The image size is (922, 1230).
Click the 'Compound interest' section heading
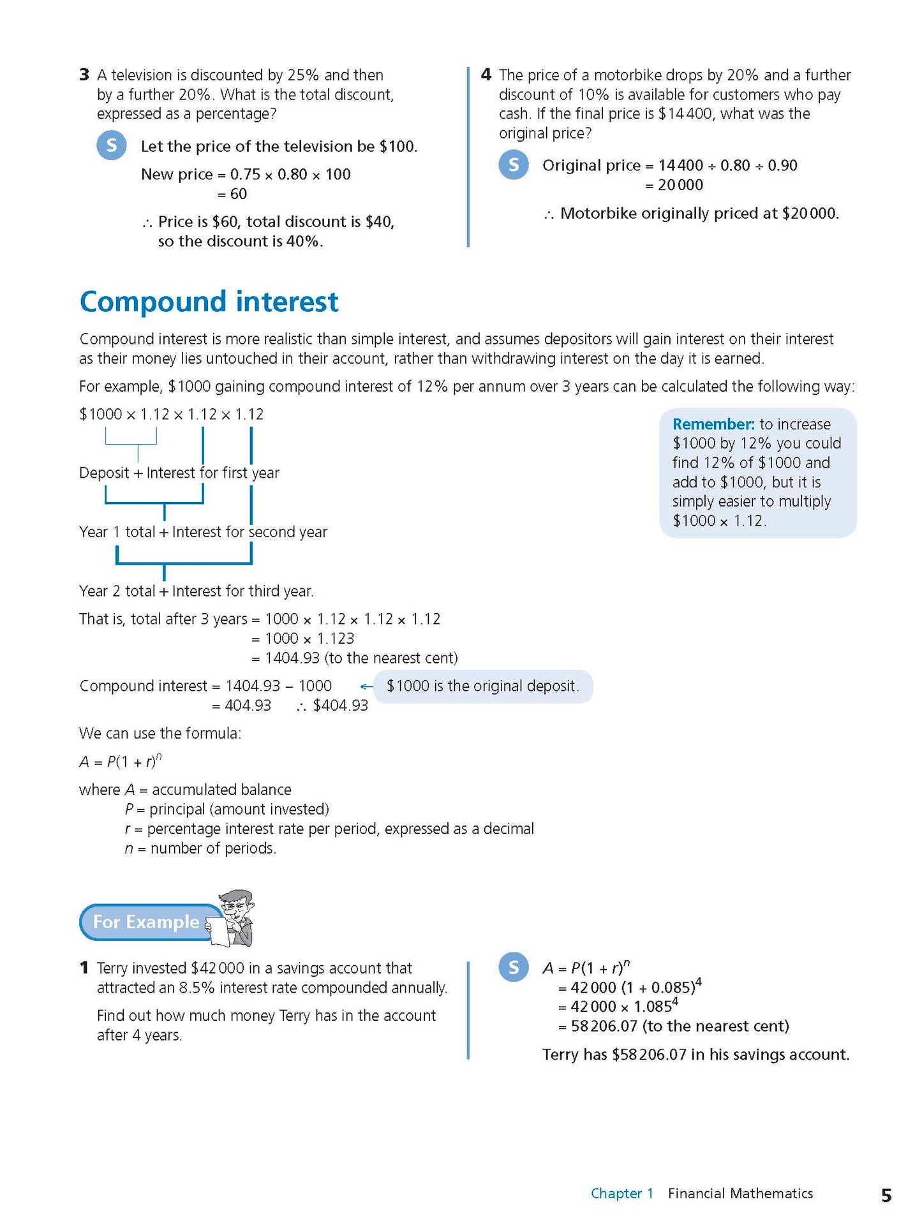(x=209, y=302)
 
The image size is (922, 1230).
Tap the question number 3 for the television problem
(x=84, y=75)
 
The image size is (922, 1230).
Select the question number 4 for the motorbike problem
(x=486, y=75)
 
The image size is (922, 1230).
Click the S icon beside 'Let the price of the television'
(x=112, y=145)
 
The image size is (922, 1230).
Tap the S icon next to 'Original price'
(x=514, y=165)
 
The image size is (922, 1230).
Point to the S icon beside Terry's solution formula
(x=514, y=967)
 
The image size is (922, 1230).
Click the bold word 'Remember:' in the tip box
(x=713, y=424)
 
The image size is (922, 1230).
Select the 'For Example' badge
(x=147, y=922)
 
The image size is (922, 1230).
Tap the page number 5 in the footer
(x=886, y=1195)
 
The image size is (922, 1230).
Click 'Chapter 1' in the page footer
(x=622, y=1194)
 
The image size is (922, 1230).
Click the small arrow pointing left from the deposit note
(x=366, y=686)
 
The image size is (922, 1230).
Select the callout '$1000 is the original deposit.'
(x=483, y=686)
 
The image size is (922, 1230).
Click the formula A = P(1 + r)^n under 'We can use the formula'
(x=121, y=761)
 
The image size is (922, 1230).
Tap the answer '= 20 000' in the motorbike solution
(x=674, y=185)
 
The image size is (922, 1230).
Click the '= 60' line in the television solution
(x=232, y=194)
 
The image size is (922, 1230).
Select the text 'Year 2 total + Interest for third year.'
(x=197, y=591)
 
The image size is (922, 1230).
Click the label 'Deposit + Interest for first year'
(x=179, y=473)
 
